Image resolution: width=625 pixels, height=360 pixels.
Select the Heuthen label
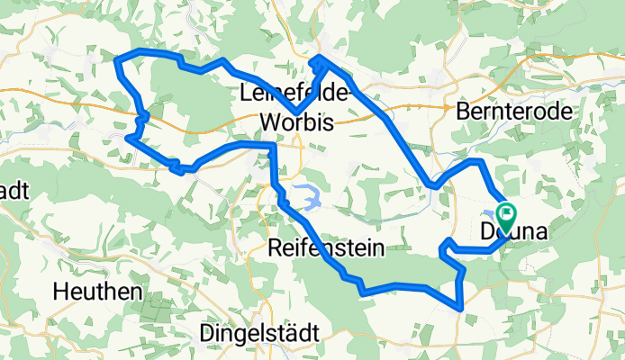coord(98,292)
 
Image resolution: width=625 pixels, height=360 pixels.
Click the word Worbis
coord(296,121)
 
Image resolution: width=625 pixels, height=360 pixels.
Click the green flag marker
coord(505,215)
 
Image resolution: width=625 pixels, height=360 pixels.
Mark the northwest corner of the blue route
coord(117,59)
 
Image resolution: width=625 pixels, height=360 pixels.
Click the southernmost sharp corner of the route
coord(461,309)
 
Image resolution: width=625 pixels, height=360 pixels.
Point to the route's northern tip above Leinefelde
coord(319,58)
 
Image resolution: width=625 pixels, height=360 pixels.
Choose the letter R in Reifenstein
coord(275,248)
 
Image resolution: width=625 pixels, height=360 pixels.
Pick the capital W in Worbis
coord(267,121)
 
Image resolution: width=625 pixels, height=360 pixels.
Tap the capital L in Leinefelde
coord(246,93)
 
